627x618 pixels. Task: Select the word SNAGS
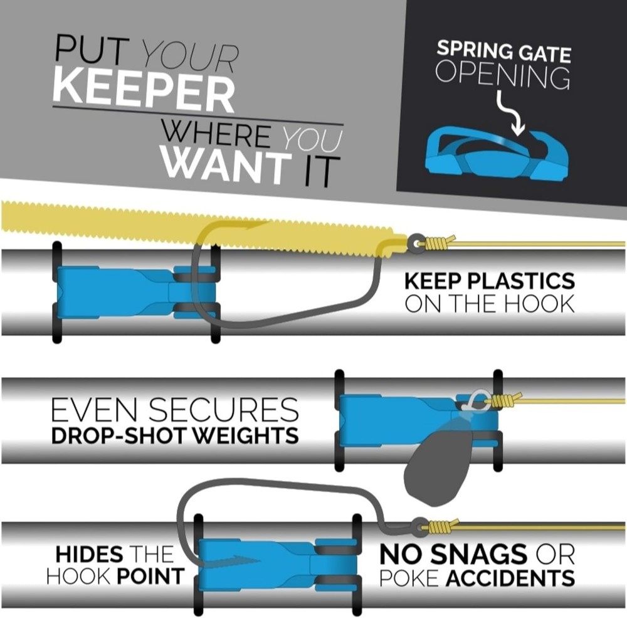(x=478, y=554)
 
